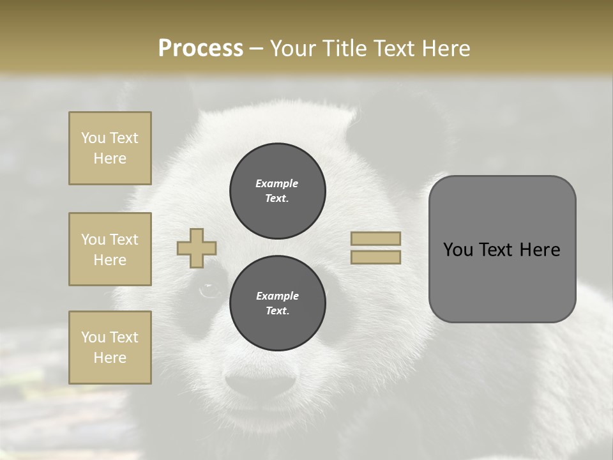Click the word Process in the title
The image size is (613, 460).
(201, 48)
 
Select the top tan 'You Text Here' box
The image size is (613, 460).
(110, 148)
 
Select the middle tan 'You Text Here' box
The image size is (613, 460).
(110, 249)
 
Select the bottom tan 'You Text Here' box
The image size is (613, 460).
(110, 348)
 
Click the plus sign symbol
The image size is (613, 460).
(197, 248)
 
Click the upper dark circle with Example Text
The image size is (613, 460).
(278, 190)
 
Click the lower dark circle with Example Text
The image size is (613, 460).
(278, 303)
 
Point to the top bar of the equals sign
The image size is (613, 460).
(375, 238)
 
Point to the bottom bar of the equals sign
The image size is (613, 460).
(375, 257)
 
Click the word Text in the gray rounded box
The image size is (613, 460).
(497, 250)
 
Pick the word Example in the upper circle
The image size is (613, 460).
(277, 183)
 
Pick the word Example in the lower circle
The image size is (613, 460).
(277, 296)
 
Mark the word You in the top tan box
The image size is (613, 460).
(93, 138)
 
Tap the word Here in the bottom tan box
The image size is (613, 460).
(110, 358)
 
